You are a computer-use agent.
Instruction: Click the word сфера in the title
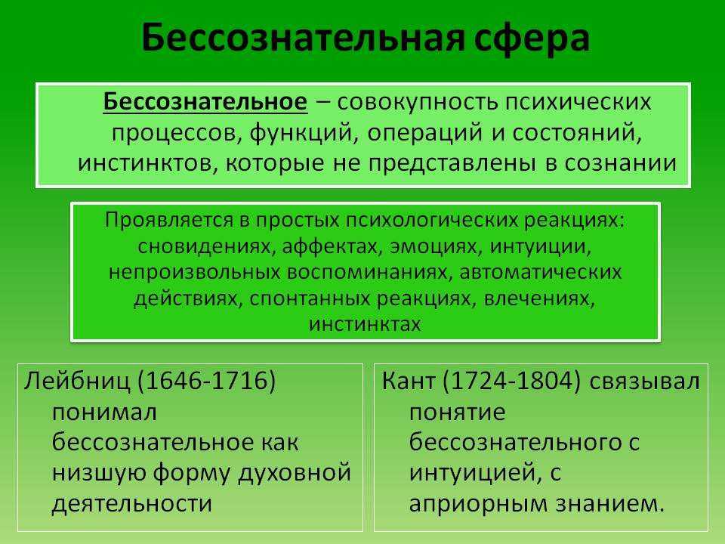click(x=532, y=39)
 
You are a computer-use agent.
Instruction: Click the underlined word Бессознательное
click(x=205, y=101)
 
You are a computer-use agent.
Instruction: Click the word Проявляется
click(x=169, y=220)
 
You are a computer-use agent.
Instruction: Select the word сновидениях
click(x=204, y=246)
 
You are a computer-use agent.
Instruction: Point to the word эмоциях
click(x=436, y=246)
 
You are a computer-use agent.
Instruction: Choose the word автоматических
click(x=540, y=273)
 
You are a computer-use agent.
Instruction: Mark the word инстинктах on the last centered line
click(x=365, y=324)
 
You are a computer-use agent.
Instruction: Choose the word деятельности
click(x=132, y=503)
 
